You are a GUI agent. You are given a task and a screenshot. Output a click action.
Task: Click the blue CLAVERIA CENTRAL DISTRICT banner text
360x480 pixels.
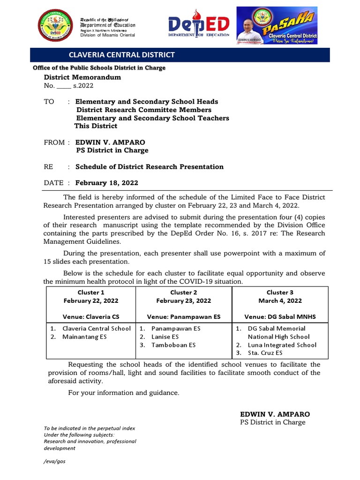[x=122, y=55]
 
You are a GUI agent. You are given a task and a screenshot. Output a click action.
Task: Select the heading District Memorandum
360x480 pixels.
[x=82, y=77]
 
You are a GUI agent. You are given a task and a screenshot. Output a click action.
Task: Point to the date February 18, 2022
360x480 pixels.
[x=107, y=183]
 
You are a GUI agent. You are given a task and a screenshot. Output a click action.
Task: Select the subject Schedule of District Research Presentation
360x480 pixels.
[x=150, y=167]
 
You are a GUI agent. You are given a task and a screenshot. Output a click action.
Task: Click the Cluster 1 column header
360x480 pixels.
[x=91, y=292]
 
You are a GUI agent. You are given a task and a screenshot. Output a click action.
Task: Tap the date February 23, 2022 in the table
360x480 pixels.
[x=184, y=301]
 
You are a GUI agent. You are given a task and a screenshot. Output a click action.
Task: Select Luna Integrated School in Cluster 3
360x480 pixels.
[x=282, y=345]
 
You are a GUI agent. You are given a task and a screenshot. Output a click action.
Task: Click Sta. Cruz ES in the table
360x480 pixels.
[x=265, y=353]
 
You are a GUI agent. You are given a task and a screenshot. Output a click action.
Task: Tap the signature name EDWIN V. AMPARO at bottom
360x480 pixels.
[x=275, y=414]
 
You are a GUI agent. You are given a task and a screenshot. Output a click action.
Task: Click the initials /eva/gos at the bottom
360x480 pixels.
[x=54, y=461]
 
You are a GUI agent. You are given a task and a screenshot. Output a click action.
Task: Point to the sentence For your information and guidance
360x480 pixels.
[x=124, y=393]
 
